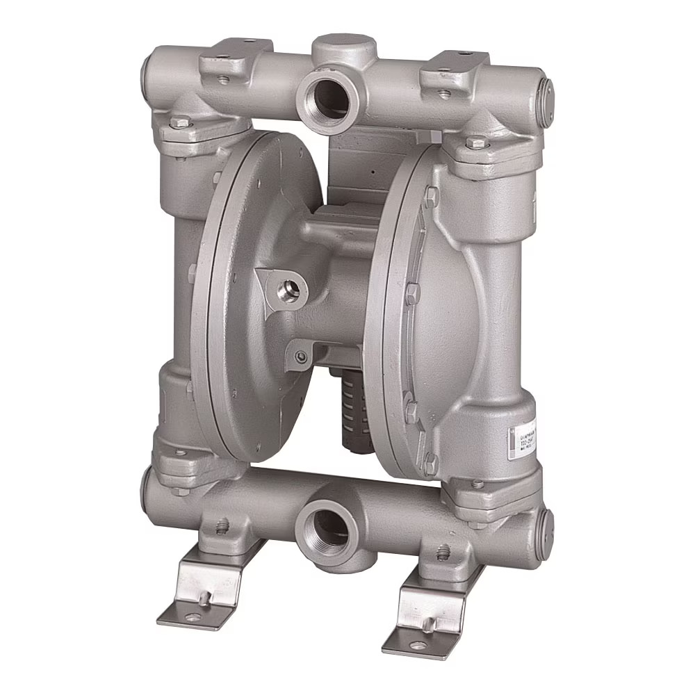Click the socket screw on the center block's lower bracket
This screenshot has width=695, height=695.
click(301, 357)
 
